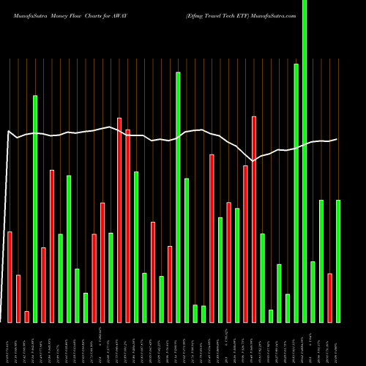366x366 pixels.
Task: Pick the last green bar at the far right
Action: pyautogui.click(x=338, y=261)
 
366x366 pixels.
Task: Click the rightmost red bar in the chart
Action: pyautogui.click(x=329, y=297)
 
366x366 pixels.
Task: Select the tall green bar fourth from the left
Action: pyautogui.click(x=34, y=209)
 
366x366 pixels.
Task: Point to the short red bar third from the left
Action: pyautogui.click(x=26, y=316)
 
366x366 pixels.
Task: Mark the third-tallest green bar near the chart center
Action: pyautogui.click(x=178, y=197)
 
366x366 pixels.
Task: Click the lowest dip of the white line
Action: pyautogui.click(x=253, y=160)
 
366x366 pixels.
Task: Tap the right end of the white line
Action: pyautogui.click(x=337, y=139)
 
